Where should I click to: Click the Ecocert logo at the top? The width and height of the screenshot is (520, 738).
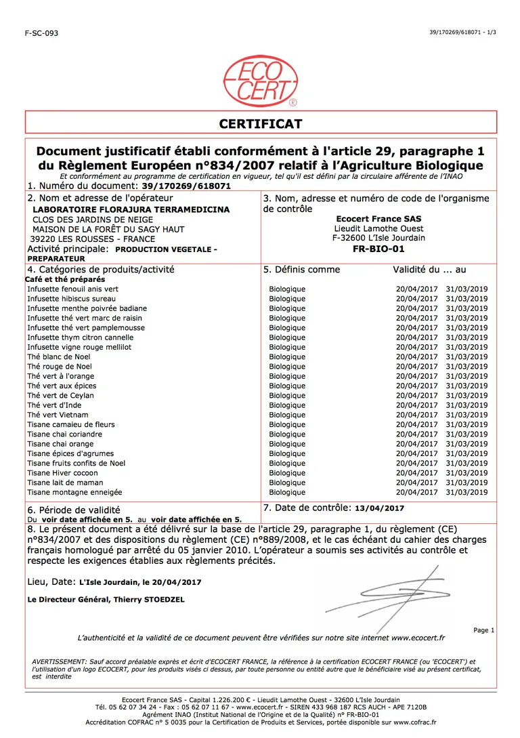tap(260, 83)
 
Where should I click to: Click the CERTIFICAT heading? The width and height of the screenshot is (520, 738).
tap(261, 124)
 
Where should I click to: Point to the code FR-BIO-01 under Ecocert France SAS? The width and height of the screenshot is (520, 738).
tap(378, 249)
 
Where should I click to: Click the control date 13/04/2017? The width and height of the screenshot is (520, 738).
tap(379, 508)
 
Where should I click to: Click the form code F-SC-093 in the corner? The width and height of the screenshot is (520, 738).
tap(41, 33)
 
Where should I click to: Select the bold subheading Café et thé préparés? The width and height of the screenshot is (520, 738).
tap(65, 279)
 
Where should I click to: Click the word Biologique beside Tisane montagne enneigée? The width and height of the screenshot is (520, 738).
tap(287, 493)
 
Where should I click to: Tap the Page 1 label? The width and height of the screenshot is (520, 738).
tap(484, 630)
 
